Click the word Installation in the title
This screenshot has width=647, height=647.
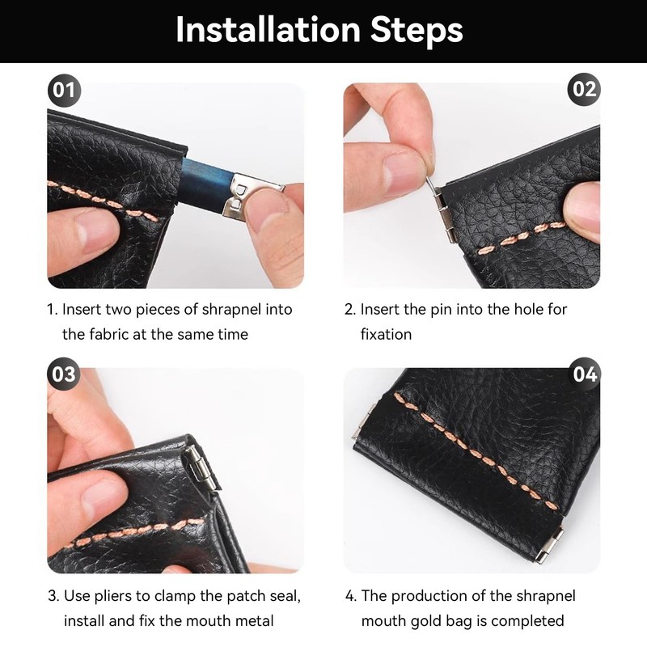click(x=269, y=30)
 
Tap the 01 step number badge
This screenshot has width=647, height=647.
click(x=64, y=90)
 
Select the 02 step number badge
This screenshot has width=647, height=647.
click(x=584, y=89)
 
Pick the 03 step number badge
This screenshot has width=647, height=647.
click(x=64, y=374)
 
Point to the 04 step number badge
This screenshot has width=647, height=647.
click(x=585, y=374)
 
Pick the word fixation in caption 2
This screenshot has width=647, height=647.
click(x=386, y=334)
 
